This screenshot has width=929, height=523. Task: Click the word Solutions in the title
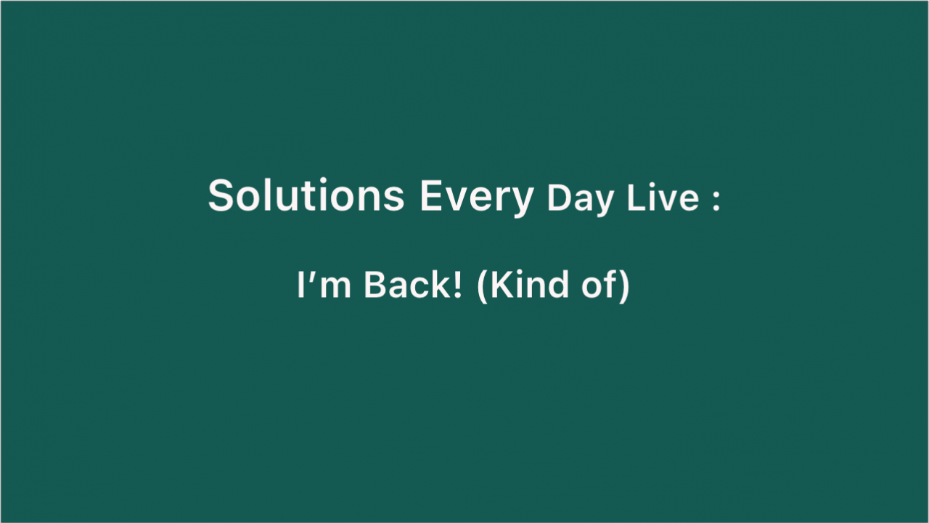pyautogui.click(x=306, y=195)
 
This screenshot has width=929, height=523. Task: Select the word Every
pyautogui.click(x=477, y=198)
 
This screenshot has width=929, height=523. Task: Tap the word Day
pyautogui.click(x=580, y=200)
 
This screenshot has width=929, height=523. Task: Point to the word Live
pyautogui.click(x=663, y=197)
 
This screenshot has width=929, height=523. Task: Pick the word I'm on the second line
pyautogui.click(x=324, y=285)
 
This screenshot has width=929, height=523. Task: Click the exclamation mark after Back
pyautogui.click(x=457, y=285)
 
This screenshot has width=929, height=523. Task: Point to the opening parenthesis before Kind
pyautogui.click(x=483, y=287)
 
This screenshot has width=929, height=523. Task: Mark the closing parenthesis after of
pyautogui.click(x=625, y=287)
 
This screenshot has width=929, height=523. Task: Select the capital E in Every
pyautogui.click(x=431, y=195)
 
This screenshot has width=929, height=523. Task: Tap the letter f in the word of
pyautogui.click(x=612, y=284)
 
